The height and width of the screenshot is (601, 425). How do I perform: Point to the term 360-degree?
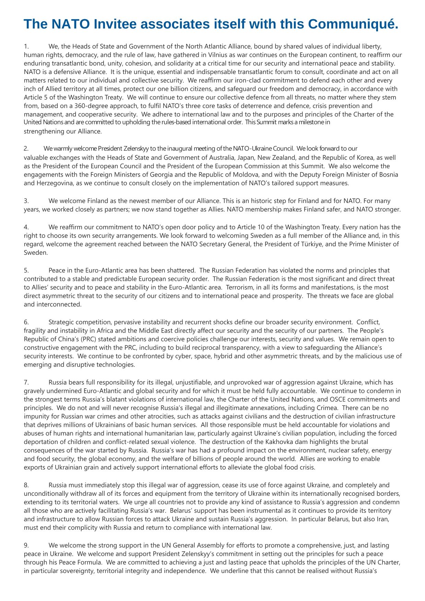(x=90, y=106)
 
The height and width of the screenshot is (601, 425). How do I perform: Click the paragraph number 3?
(x=26, y=201)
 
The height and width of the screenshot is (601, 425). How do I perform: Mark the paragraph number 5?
(x=26, y=271)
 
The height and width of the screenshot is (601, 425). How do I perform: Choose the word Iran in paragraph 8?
(x=382, y=519)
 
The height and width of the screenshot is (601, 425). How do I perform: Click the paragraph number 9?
(x=26, y=545)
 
